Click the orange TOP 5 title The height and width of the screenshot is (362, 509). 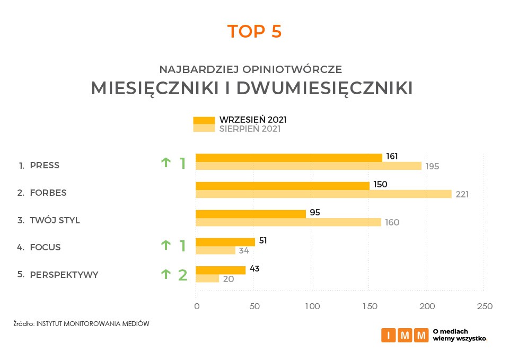(254, 32)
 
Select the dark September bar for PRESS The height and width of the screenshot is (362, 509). (289, 157)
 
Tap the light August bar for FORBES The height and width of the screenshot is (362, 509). (323, 194)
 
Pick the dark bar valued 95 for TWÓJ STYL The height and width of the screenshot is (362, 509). (251, 214)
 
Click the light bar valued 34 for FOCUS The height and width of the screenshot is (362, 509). (215, 250)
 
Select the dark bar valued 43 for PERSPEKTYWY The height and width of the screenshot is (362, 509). (221, 270)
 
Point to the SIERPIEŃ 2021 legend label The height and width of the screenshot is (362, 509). (250, 129)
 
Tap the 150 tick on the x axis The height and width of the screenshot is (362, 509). (369, 306)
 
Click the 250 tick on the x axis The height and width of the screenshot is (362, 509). (484, 306)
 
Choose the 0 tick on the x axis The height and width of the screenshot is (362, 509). (196, 306)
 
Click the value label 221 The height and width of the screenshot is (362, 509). (462, 195)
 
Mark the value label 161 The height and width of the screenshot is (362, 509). (392, 157)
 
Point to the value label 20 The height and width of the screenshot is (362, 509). (229, 278)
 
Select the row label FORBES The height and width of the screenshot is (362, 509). (48, 193)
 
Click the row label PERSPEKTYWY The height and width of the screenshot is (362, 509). (64, 275)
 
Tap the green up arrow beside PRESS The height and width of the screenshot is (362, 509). (165, 162)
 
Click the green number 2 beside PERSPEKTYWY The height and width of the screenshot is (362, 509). (182, 275)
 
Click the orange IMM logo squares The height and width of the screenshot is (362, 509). (405, 335)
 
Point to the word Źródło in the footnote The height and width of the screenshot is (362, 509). (23, 323)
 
